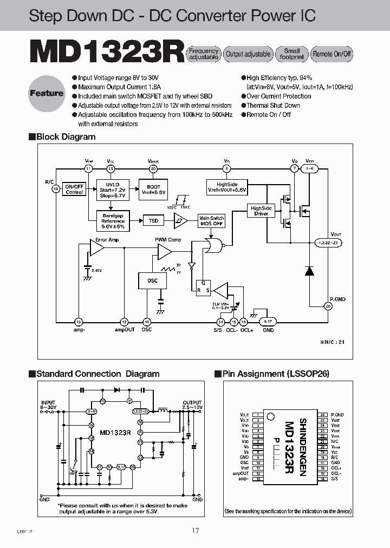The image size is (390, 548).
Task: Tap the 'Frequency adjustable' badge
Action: click(203, 54)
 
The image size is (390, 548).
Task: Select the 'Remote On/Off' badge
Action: click(332, 54)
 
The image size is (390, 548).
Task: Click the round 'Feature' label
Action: click(47, 93)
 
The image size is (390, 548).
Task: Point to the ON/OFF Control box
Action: click(74, 189)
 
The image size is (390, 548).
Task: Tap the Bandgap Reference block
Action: click(113, 220)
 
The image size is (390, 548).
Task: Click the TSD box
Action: click(154, 221)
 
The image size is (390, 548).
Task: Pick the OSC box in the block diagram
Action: click(153, 280)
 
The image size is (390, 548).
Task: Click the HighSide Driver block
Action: click(261, 211)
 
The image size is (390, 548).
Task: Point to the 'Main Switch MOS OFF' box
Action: click(211, 221)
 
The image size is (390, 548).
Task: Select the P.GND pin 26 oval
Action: click(327, 306)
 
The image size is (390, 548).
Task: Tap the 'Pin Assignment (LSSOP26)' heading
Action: click(275, 374)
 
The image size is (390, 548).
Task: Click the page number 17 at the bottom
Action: click(195, 531)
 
